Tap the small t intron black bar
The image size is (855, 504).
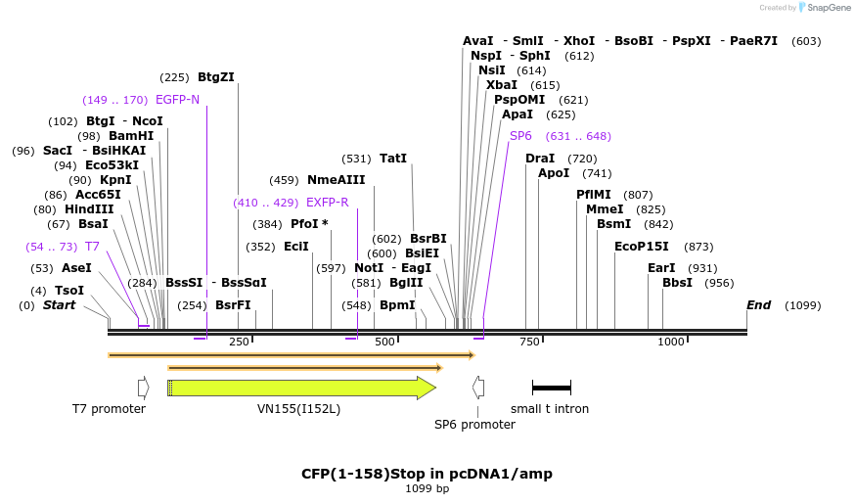(x=551, y=388)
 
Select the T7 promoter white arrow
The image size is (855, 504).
(x=143, y=388)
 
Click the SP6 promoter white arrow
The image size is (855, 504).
(x=477, y=388)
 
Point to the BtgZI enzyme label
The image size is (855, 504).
(x=216, y=76)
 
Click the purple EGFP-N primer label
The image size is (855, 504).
(x=177, y=99)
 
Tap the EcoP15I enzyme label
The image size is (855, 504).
(x=642, y=247)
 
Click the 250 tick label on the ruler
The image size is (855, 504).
(x=239, y=342)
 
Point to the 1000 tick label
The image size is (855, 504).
(x=671, y=342)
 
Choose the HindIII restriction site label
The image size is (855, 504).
(x=89, y=209)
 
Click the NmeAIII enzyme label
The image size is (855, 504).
(x=336, y=180)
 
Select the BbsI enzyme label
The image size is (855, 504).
(x=677, y=283)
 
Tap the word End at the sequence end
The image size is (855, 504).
(x=758, y=305)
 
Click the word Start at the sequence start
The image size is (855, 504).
(x=59, y=305)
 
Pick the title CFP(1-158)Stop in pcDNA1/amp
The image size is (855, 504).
(x=427, y=474)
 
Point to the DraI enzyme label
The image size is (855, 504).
(x=540, y=158)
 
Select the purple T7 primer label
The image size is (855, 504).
(x=92, y=247)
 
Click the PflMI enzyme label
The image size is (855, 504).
(x=593, y=195)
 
